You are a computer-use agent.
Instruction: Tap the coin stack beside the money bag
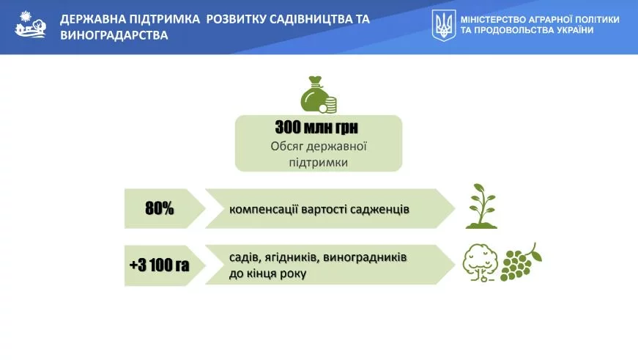330,105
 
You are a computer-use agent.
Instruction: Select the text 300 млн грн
316,128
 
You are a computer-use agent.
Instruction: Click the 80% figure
160,208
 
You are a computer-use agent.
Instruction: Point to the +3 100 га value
159,265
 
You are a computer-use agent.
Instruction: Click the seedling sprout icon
481,206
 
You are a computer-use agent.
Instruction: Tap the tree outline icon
480,262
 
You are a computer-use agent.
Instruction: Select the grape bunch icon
522,262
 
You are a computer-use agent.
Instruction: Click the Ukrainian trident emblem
443,25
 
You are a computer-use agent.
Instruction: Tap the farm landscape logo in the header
31,24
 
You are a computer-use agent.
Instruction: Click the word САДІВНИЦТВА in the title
314,19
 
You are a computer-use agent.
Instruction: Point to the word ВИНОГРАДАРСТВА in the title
114,35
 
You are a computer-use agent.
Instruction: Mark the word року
293,273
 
